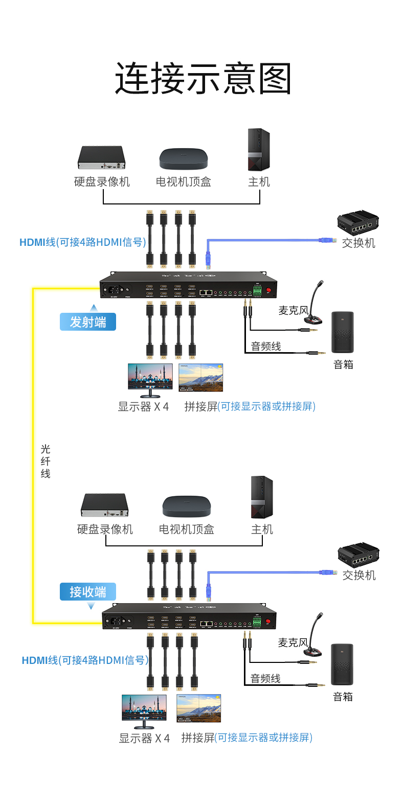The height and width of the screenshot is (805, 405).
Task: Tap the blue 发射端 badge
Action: (88, 322)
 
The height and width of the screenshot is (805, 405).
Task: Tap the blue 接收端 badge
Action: (88, 592)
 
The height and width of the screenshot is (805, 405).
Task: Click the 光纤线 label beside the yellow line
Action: (46, 461)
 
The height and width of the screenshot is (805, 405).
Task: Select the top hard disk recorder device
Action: (102, 157)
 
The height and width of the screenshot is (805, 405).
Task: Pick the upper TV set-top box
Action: (184, 158)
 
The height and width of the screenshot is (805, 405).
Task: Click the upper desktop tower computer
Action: (259, 149)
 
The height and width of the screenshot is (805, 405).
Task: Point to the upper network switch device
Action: (358, 222)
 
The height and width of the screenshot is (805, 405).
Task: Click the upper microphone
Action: (315, 304)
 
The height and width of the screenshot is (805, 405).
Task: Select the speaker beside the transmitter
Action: (343, 332)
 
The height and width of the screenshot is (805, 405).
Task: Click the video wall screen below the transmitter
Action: (201, 377)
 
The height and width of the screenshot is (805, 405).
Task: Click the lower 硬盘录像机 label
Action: (105, 530)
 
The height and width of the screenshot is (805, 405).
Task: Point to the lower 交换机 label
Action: (359, 576)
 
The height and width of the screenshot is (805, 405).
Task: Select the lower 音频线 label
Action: (265, 679)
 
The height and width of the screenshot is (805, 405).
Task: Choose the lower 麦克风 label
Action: (292, 642)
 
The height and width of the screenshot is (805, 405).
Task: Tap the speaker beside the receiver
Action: (342, 664)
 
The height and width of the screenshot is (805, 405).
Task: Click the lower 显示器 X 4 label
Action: (144, 739)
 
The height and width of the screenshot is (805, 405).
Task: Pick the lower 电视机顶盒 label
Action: (187, 530)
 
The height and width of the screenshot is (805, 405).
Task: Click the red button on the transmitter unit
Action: (268, 290)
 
